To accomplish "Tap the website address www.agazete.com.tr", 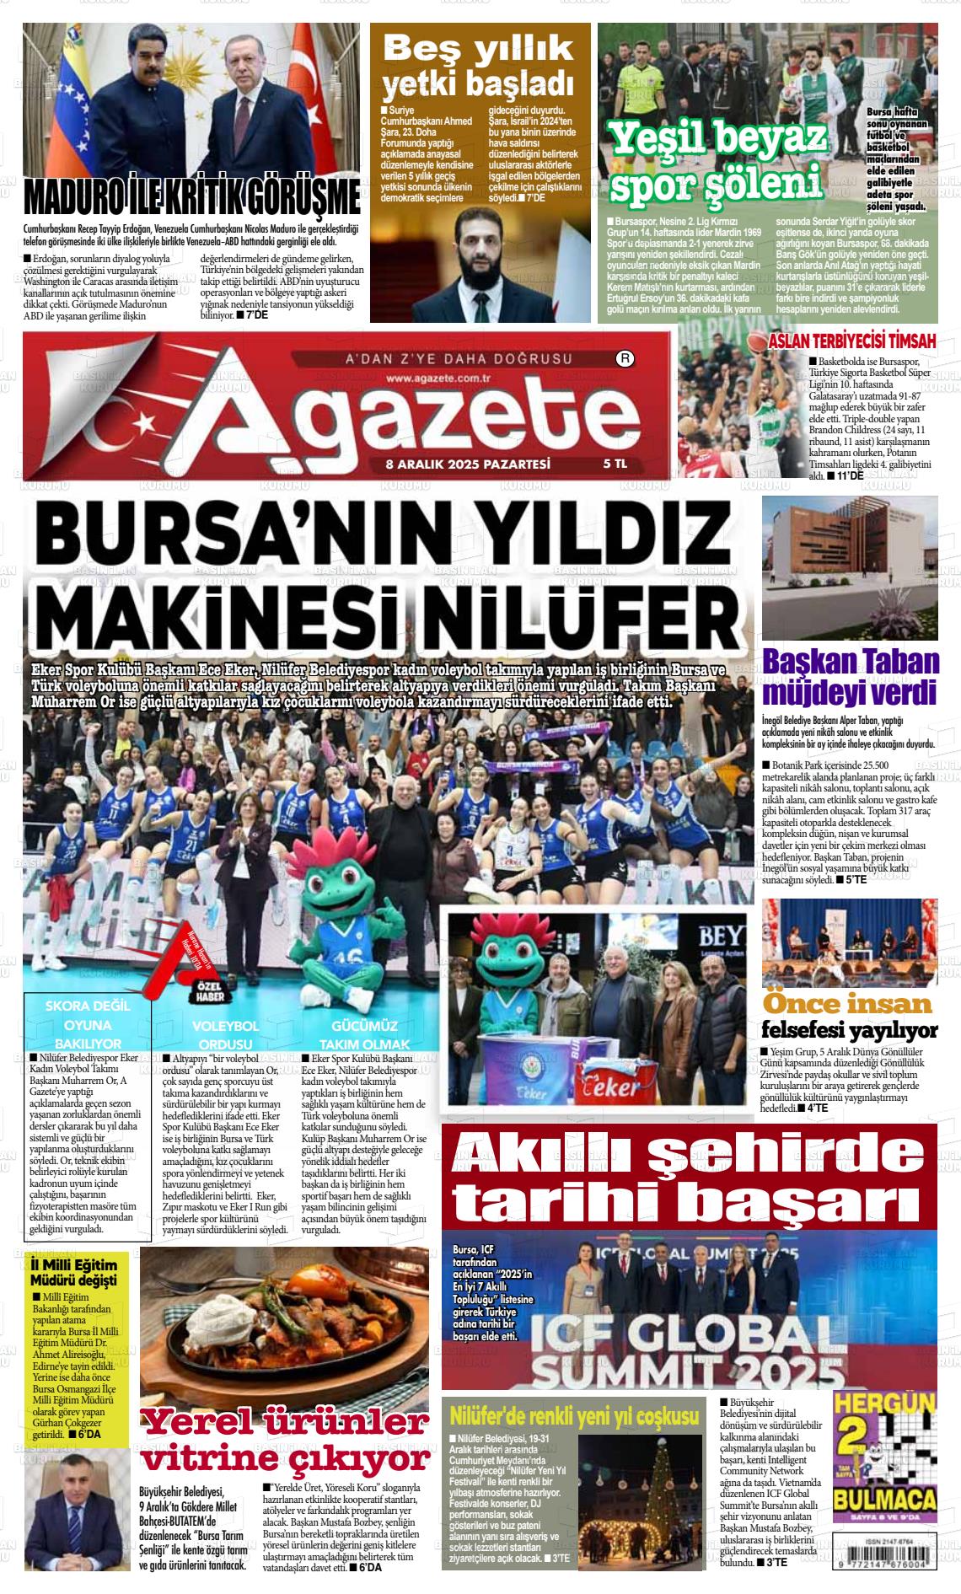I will click(x=440, y=378).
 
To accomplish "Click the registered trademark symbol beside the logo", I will click(x=625, y=358).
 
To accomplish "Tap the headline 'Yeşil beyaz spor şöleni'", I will click(x=717, y=163).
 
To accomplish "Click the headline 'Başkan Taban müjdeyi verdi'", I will click(x=850, y=677).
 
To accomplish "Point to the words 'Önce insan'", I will click(x=847, y=1004).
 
